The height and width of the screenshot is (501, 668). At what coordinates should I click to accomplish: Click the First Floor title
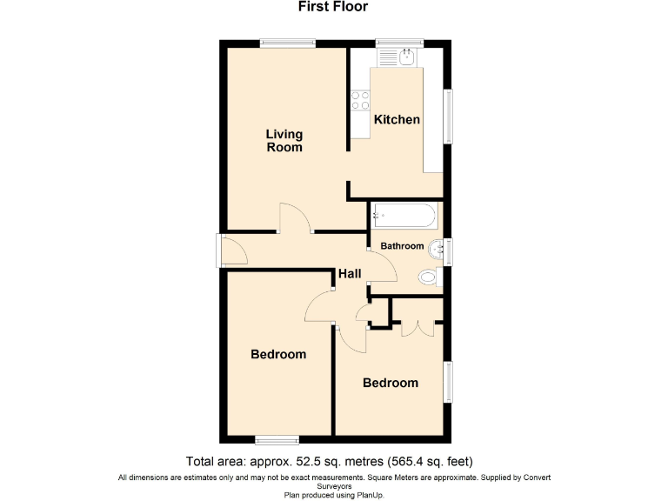pos(333,7)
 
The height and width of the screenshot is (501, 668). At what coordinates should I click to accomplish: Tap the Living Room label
pos(284,140)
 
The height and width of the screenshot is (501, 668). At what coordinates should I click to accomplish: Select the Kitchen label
pos(397,119)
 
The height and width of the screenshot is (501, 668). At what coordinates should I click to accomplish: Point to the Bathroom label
pos(402,246)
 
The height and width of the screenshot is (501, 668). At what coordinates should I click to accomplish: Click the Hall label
pos(350,274)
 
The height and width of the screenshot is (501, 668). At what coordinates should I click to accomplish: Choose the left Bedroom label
pos(278,354)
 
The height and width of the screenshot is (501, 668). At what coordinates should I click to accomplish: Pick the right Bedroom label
pos(391,383)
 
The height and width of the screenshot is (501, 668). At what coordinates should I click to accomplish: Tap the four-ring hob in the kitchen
pos(358,100)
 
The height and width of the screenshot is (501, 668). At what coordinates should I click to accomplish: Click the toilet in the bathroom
pos(428,278)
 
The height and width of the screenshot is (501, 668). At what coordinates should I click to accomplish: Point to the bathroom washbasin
pos(441,250)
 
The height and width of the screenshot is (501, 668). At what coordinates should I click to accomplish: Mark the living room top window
pos(288,43)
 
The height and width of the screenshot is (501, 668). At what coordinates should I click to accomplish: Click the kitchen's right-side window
pos(449,117)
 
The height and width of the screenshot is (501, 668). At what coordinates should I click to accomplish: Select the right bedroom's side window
pos(449,383)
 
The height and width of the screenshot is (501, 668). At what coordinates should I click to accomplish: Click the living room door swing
pos(294,217)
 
